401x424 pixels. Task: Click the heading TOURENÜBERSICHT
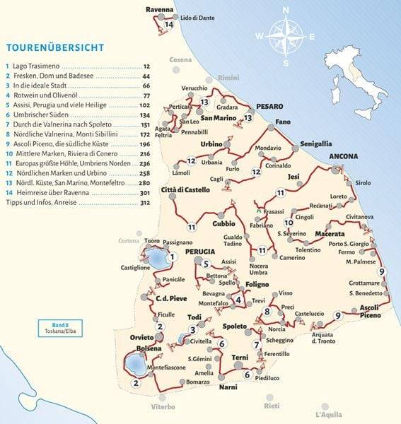coord(54,48)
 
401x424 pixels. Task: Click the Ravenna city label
coord(159,9)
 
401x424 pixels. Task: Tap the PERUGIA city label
coord(200,252)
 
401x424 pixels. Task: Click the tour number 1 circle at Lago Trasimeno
coord(172,257)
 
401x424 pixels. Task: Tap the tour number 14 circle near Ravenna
coord(168,25)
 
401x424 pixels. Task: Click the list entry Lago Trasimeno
coord(36,65)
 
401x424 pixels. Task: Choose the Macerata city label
coord(330,234)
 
